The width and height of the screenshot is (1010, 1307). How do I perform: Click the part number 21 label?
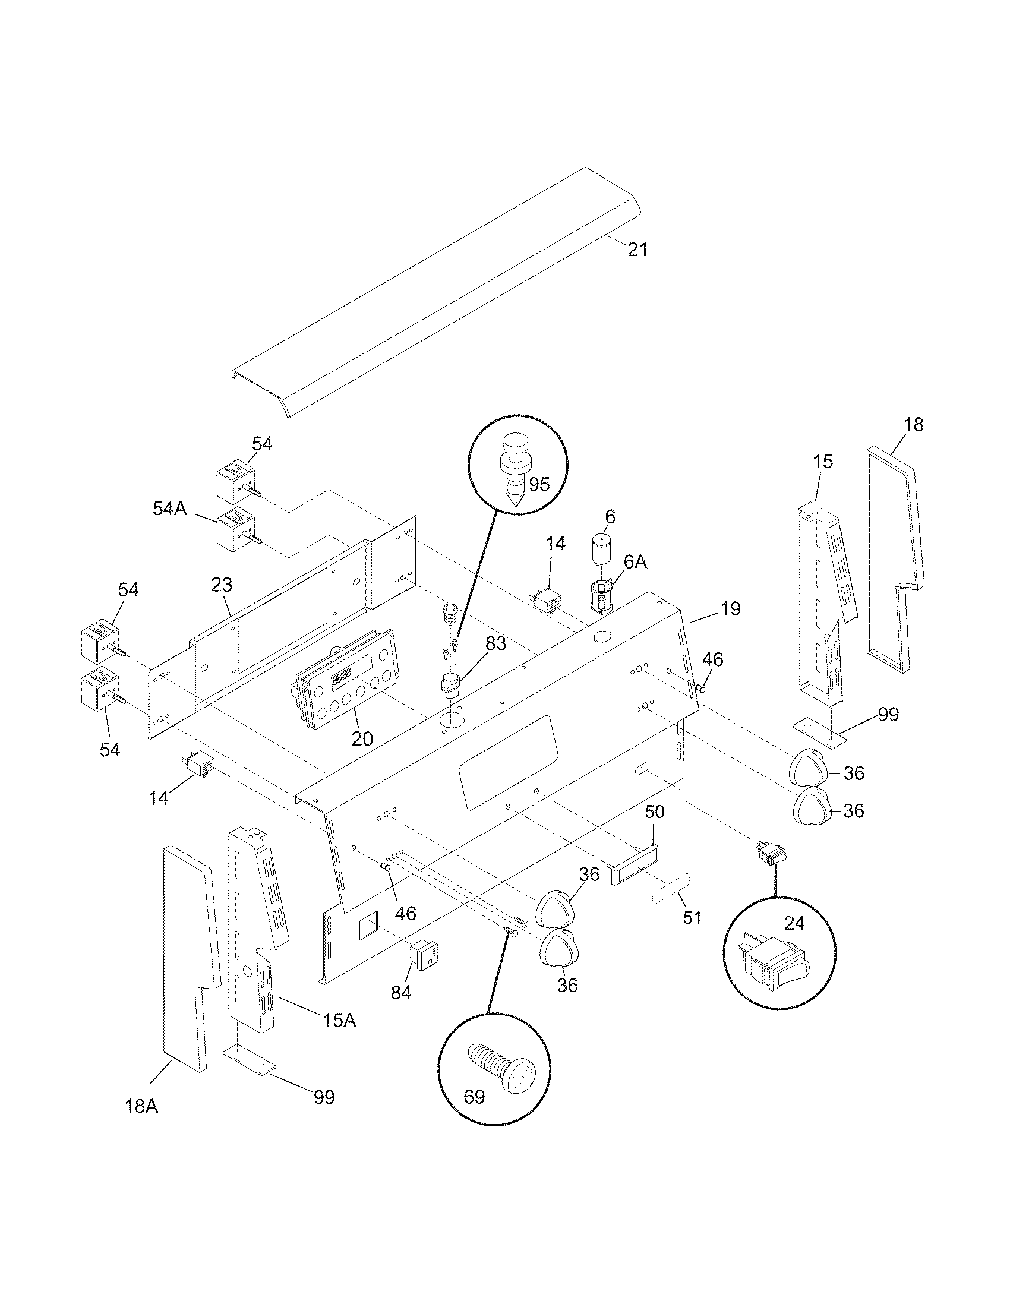pos(637,249)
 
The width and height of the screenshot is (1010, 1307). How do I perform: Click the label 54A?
pos(170,509)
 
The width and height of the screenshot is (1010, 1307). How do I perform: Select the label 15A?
pos(339,1020)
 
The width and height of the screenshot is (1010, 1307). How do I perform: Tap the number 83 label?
pos(495,644)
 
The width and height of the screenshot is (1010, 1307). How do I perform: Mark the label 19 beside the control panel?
pos(730,608)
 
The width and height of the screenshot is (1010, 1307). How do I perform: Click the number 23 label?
pos(222,585)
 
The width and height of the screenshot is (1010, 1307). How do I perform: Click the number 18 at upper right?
pos(913,425)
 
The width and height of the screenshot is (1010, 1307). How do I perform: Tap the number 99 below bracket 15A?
pos(324,1097)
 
